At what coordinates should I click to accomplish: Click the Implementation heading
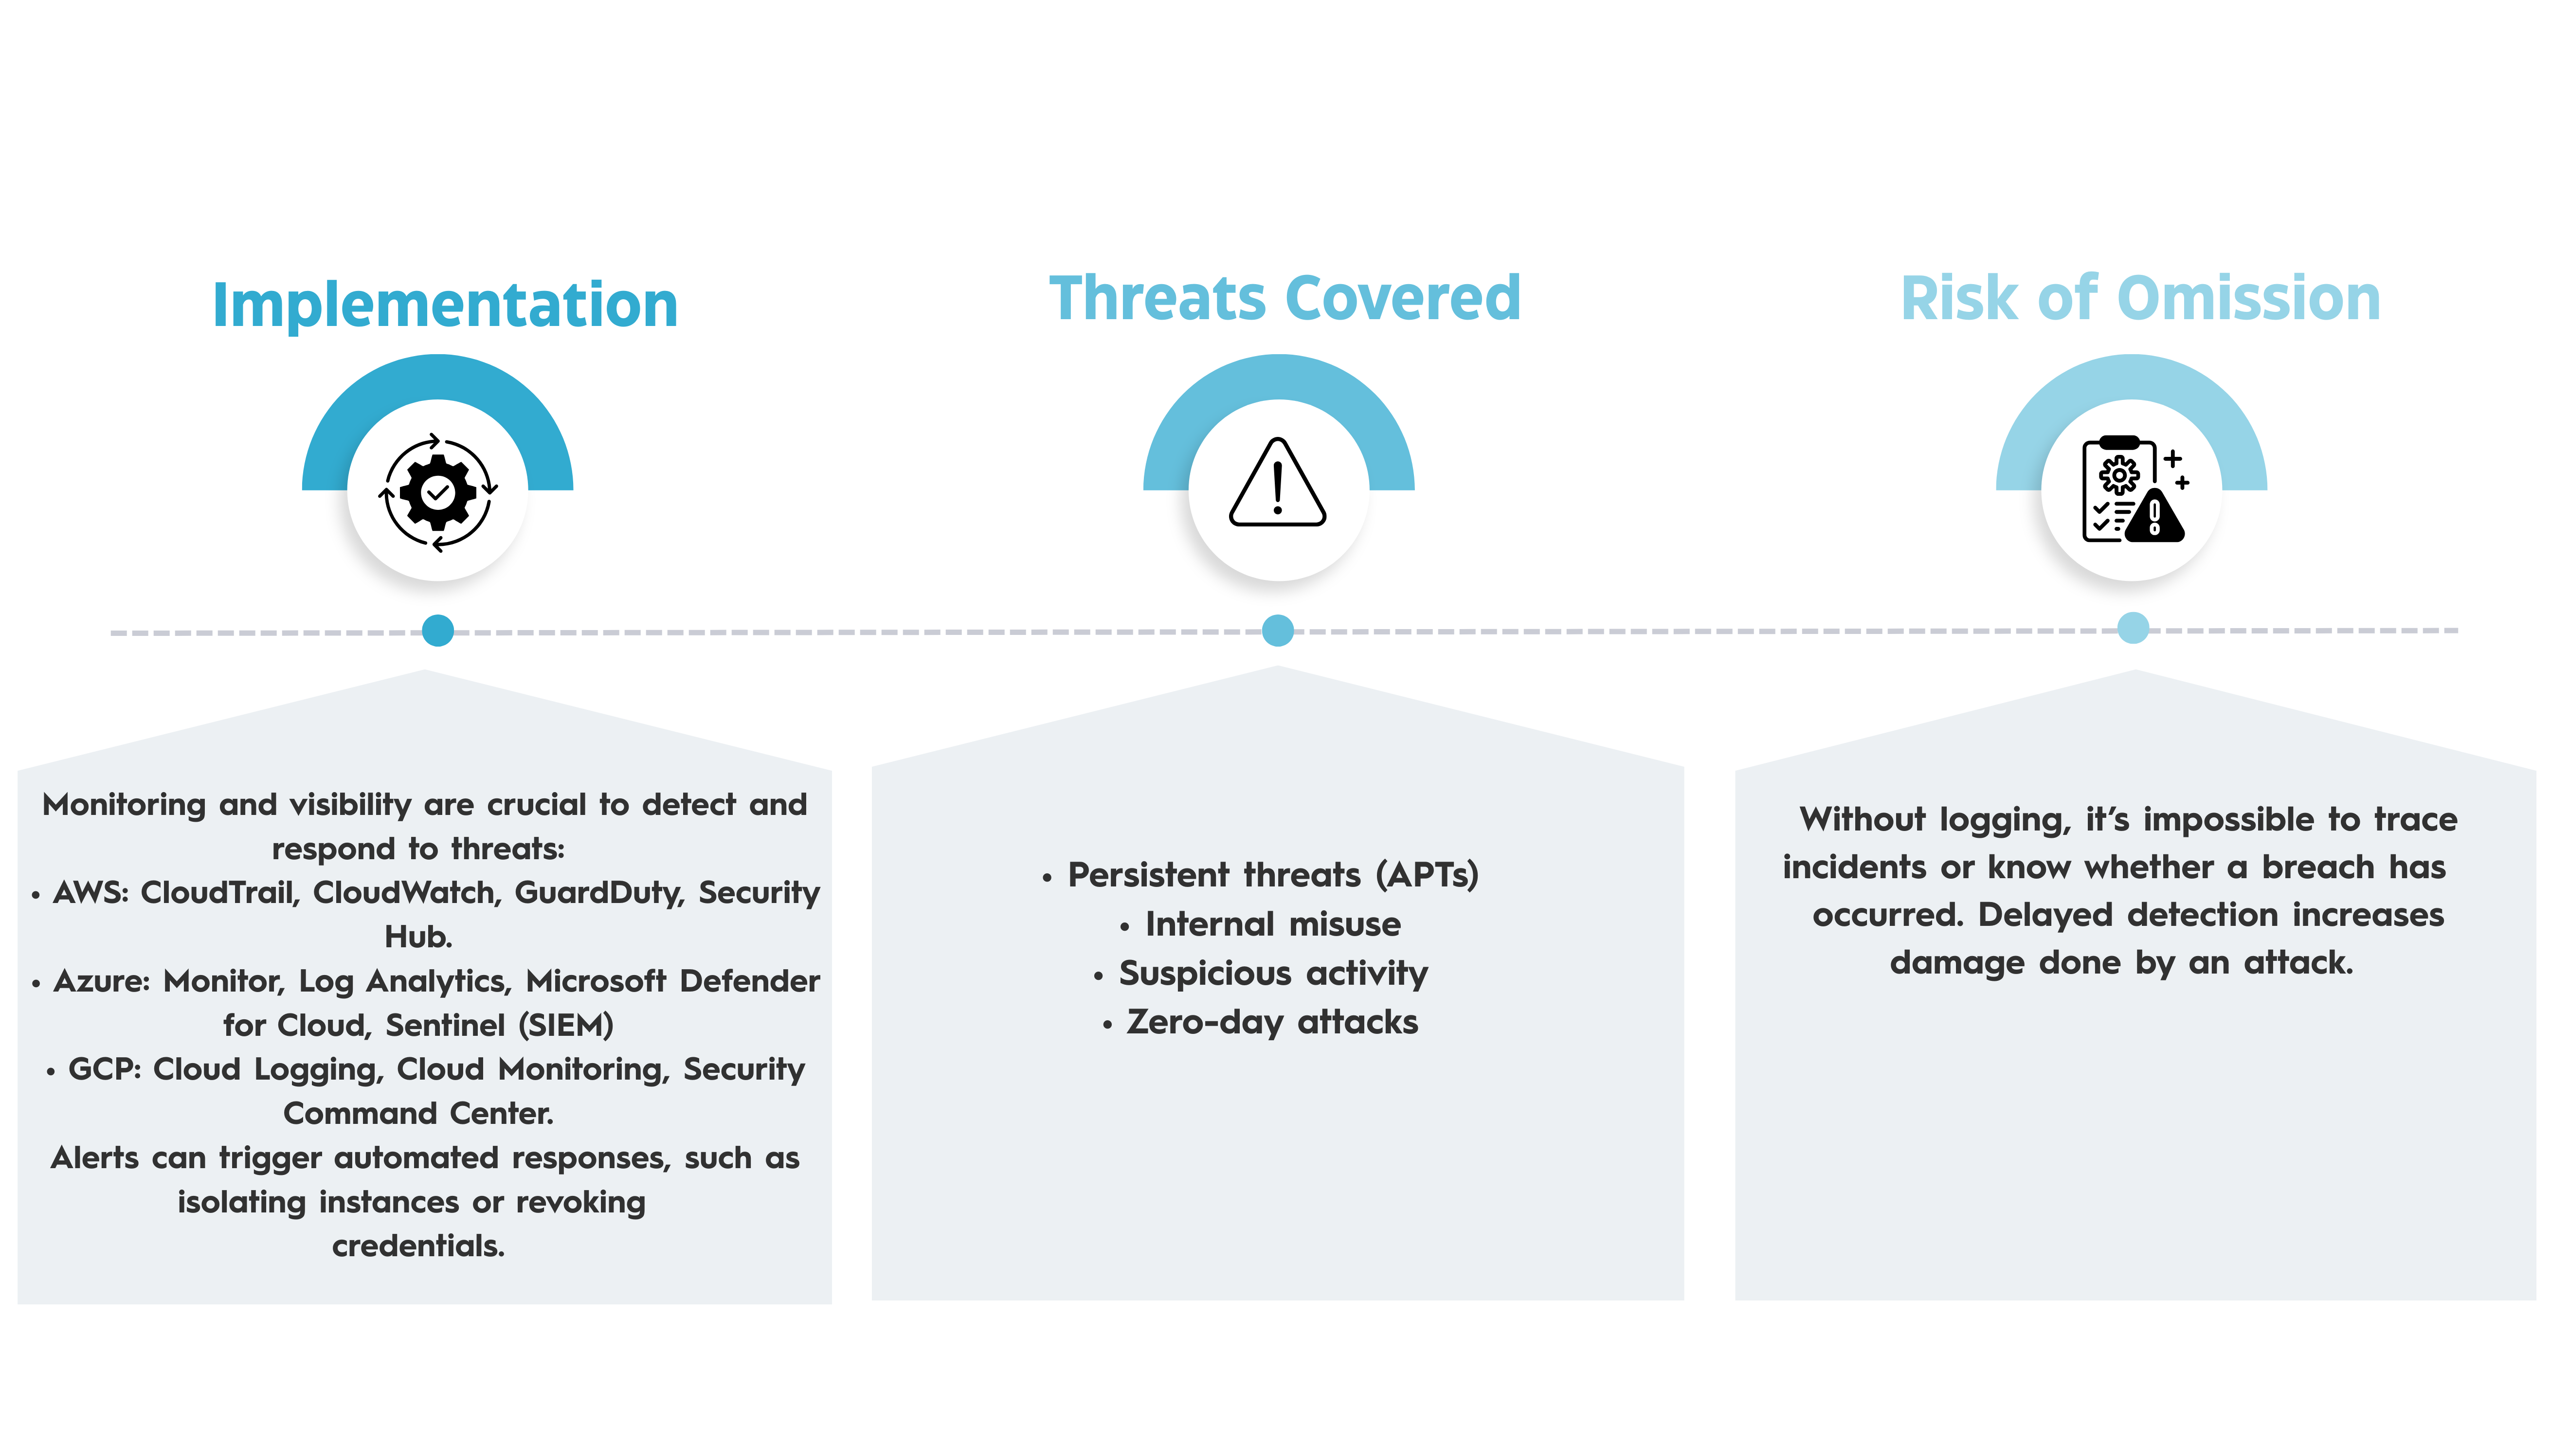coord(445,305)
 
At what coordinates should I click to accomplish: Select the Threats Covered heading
coord(1284,299)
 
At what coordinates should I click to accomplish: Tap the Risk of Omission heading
coord(2140,299)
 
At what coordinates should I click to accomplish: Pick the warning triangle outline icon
coord(1278,483)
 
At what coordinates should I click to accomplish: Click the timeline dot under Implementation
coord(438,630)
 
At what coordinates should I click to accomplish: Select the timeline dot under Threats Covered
coord(1278,630)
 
